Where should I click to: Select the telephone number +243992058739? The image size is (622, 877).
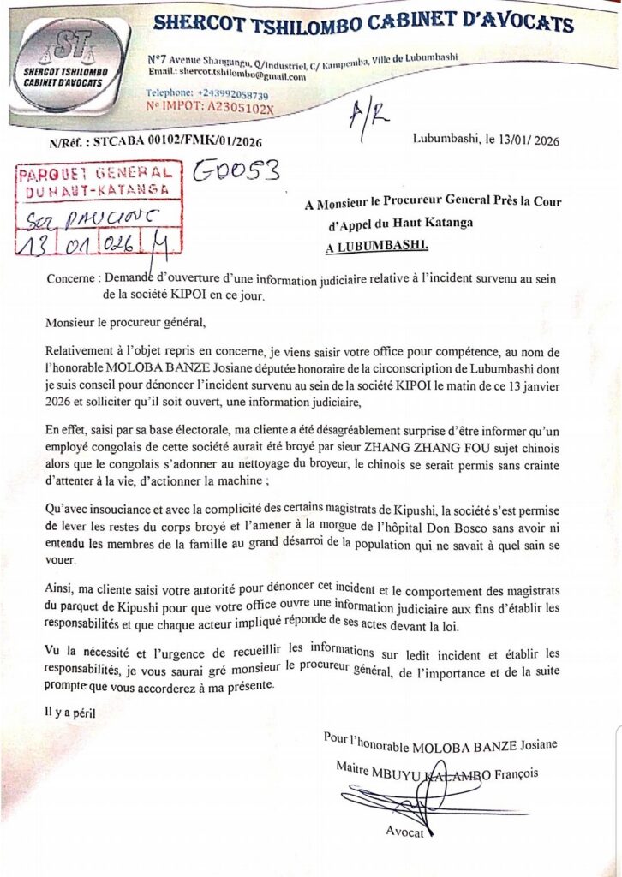coord(233,93)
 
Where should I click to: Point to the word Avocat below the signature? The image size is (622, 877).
coord(404,831)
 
